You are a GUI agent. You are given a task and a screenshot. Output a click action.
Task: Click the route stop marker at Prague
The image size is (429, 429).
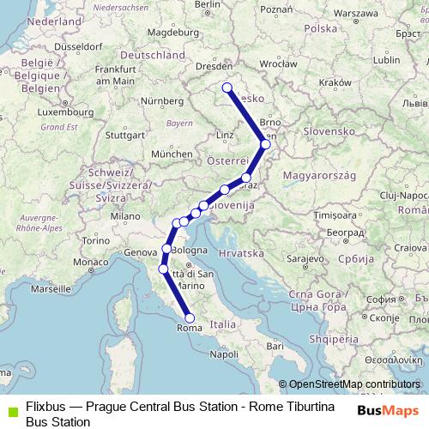click(227, 87)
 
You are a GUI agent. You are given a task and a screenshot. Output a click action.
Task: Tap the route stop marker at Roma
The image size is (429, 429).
click(190, 318)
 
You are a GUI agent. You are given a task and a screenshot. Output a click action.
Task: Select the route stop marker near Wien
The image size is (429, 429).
click(266, 144)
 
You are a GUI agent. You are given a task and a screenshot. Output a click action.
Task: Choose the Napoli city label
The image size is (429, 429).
click(224, 353)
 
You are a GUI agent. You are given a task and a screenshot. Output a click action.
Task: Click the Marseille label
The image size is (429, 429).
click(52, 290)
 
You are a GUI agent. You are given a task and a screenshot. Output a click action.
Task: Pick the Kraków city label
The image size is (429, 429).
click(330, 82)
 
